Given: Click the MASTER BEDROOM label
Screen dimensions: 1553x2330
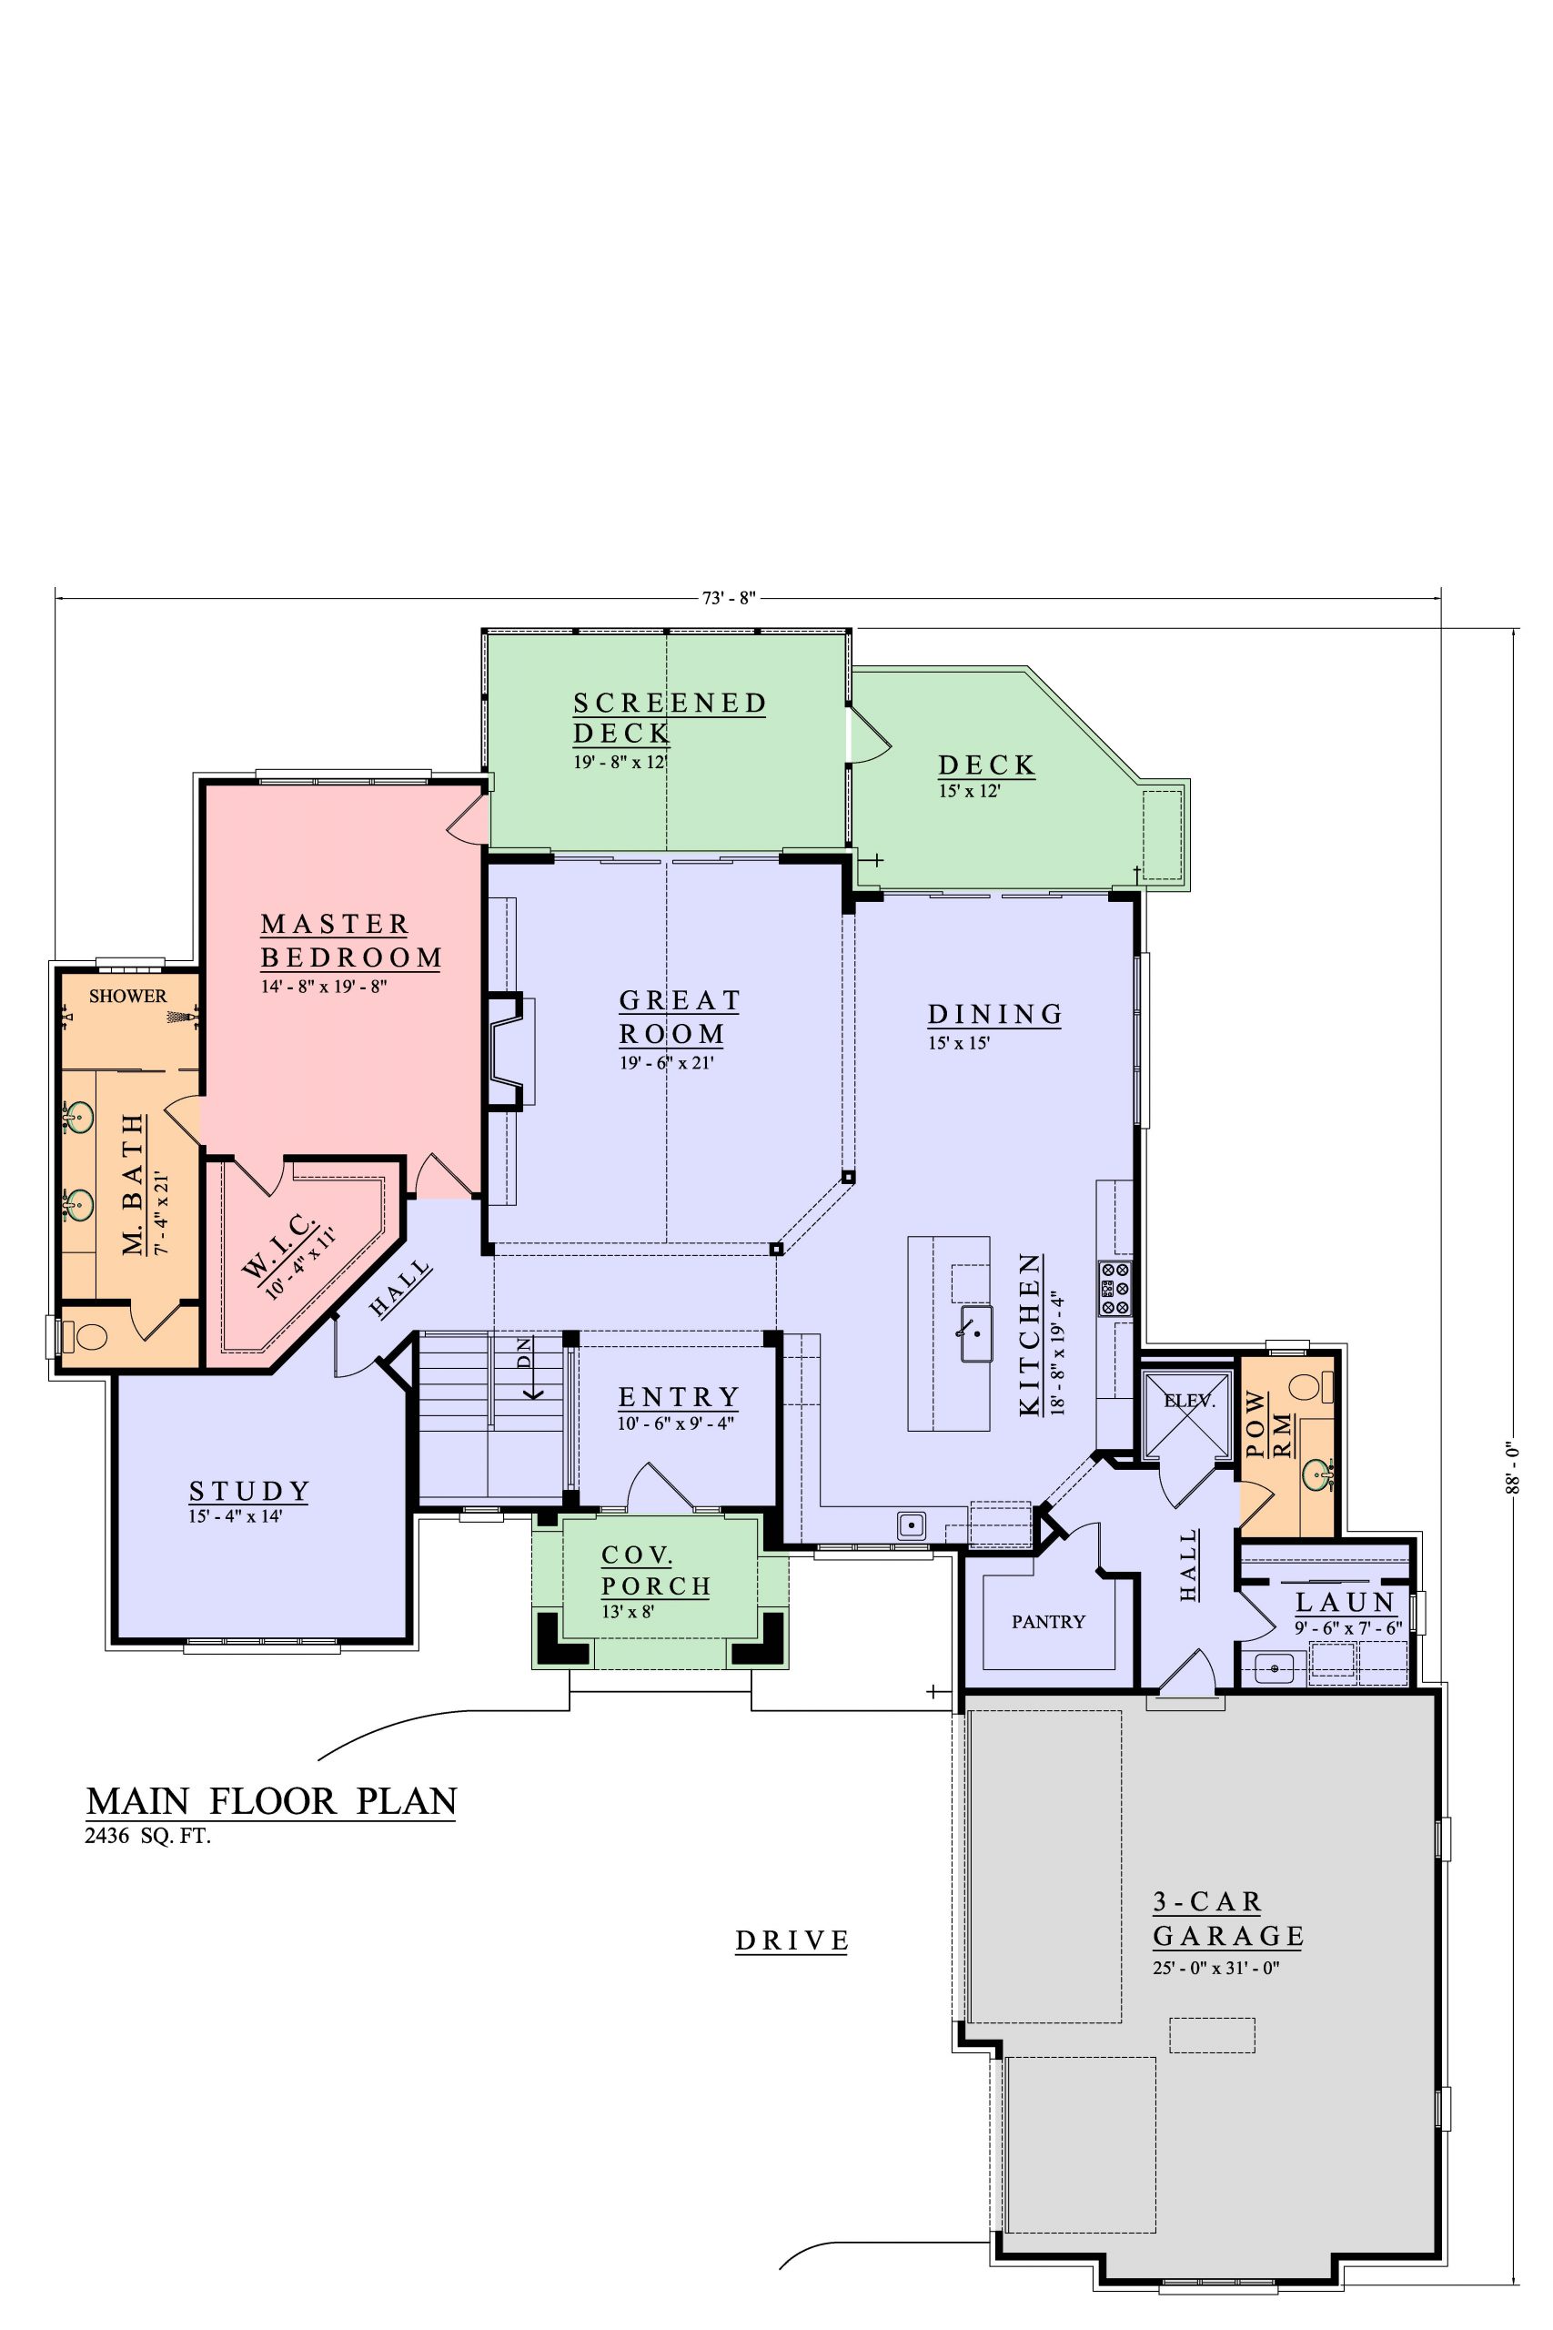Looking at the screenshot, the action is tap(351, 940).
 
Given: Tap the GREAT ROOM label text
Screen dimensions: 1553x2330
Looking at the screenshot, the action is tap(681, 1018).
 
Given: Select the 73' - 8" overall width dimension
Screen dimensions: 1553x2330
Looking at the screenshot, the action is tap(729, 597).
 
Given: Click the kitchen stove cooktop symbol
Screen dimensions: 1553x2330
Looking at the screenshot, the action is tap(1114, 1288).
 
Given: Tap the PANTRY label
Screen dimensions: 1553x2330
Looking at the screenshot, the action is tap(1048, 1622).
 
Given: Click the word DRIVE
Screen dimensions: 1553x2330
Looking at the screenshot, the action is tap(792, 1940).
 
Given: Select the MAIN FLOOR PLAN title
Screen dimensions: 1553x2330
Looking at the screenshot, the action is tap(272, 1800).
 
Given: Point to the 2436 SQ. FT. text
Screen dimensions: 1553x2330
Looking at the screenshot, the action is tap(149, 1837).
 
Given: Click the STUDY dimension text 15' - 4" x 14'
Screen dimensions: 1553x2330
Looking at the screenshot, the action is tap(236, 1515).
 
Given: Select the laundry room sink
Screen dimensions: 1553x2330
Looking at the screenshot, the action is tap(1275, 1668).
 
